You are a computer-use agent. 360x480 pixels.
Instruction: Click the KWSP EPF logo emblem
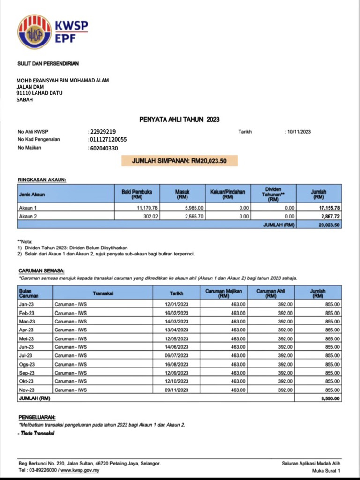tap(35, 32)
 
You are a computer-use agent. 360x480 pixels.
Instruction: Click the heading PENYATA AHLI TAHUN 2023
tap(180, 120)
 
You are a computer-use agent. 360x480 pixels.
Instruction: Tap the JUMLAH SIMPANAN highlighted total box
tap(180, 161)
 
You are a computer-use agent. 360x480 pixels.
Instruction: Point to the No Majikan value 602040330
tap(104, 148)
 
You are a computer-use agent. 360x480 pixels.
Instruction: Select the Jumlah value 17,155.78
tap(329, 207)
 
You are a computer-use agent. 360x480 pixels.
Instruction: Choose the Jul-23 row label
tap(26, 356)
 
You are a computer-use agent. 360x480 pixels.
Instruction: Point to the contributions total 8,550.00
tap(331, 399)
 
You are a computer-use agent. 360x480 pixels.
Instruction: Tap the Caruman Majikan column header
tap(224, 293)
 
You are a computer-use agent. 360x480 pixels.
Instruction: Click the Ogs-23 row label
tap(27, 364)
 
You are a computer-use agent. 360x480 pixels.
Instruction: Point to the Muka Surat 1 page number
tap(326, 470)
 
